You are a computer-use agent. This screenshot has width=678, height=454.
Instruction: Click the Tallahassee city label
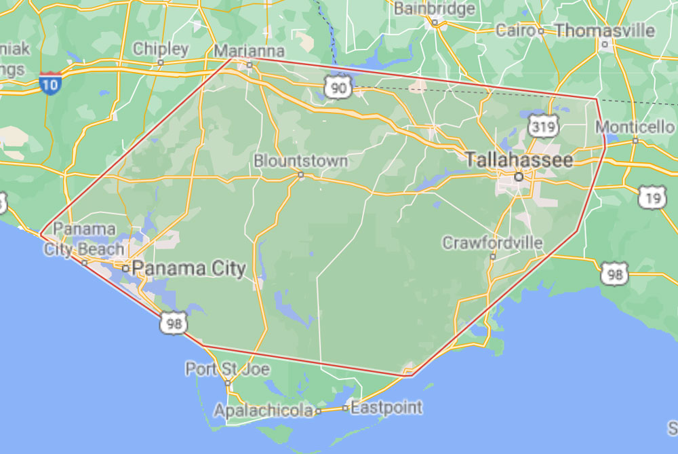[519, 160]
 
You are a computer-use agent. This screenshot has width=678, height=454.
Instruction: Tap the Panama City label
[188, 268]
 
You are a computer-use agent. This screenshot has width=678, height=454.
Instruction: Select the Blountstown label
[300, 162]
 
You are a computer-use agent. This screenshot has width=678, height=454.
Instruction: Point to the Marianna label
[249, 52]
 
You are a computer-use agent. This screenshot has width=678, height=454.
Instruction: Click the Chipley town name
[161, 49]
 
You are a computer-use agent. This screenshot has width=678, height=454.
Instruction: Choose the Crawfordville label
[492, 242]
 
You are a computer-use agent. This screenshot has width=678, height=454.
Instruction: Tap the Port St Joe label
[227, 370]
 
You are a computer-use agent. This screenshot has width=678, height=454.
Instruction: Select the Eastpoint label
[386, 408]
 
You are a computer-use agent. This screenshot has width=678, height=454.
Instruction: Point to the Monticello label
[635, 127]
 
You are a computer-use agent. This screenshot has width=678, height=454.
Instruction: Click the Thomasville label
[605, 31]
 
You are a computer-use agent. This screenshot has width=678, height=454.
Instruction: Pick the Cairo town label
[516, 31]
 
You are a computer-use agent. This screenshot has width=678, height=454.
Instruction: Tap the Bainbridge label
[435, 9]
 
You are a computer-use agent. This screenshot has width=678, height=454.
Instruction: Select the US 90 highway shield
[337, 86]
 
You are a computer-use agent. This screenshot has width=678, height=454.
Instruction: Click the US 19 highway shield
[652, 197]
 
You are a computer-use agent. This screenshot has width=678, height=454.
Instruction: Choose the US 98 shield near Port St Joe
[174, 323]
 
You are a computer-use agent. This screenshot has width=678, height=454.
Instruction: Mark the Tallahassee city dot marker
[519, 176]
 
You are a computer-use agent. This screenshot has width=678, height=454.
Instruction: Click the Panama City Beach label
[84, 239]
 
